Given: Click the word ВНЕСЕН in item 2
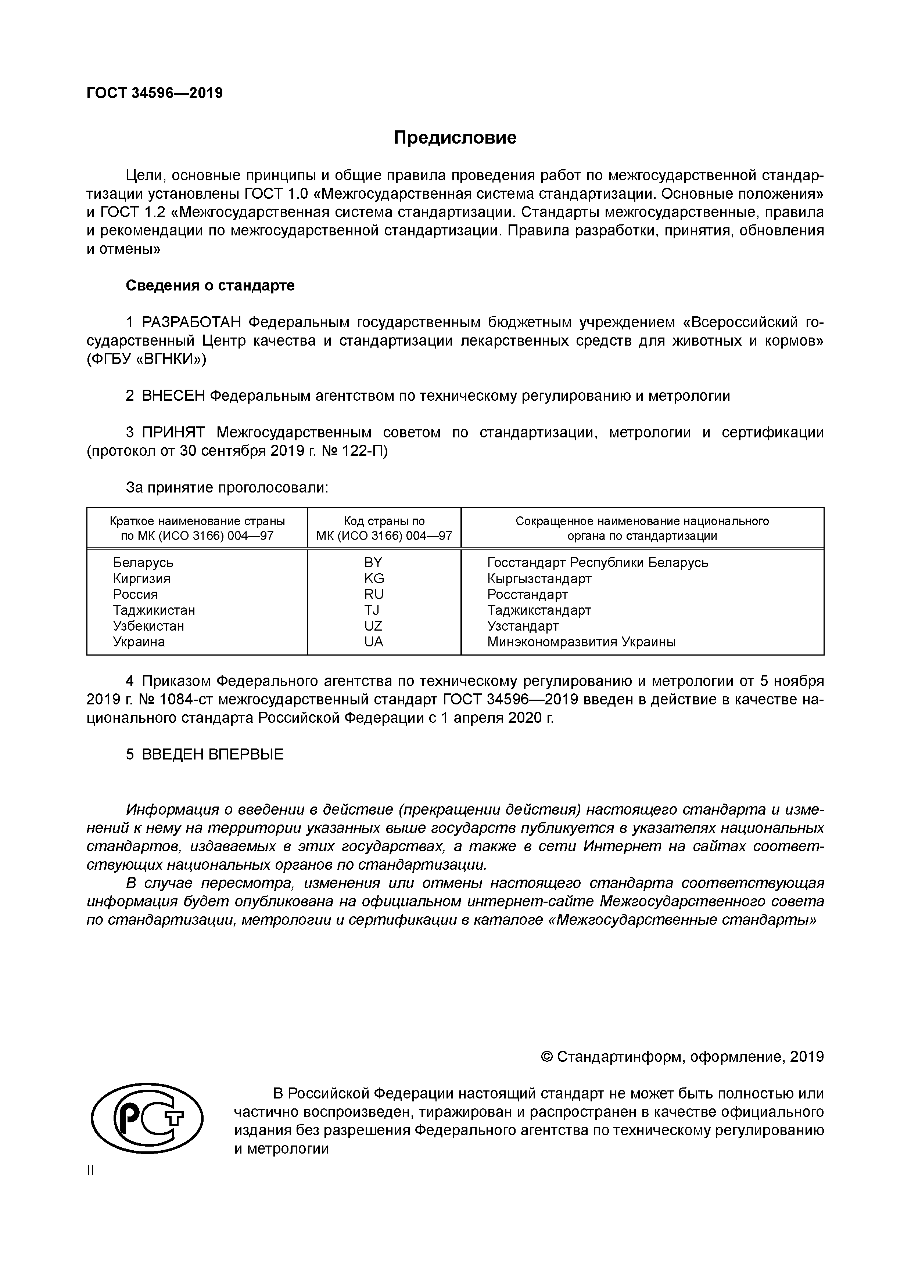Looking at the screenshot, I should pyautogui.click(x=173, y=396).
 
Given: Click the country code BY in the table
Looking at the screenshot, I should pyautogui.click(x=373, y=562).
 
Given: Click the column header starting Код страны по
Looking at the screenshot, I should pyautogui.click(x=384, y=521).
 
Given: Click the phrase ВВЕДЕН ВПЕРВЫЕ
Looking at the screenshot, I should pyautogui.click(x=212, y=754).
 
